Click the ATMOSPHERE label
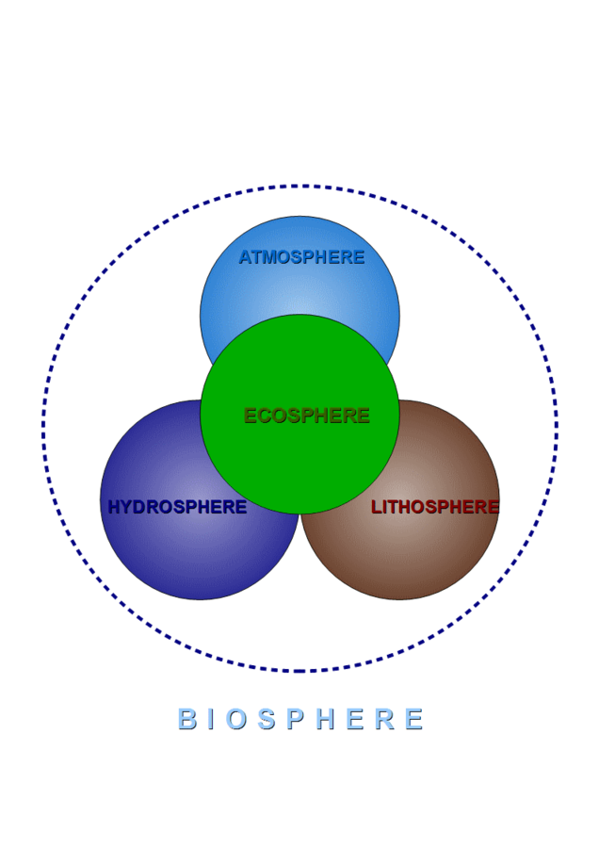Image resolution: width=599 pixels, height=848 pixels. (301, 257)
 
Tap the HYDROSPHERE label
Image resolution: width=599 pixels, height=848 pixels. (177, 507)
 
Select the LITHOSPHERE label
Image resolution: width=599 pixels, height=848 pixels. (435, 507)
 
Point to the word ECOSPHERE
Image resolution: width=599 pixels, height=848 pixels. (306, 416)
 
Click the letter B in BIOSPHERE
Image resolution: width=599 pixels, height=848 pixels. (187, 719)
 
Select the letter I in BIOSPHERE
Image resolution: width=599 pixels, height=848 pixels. (211, 719)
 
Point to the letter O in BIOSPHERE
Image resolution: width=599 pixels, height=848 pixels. (236, 719)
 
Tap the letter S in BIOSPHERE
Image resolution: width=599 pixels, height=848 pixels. (267, 719)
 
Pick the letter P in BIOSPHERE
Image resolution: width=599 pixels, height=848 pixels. (296, 719)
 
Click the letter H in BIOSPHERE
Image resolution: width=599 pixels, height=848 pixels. (326, 719)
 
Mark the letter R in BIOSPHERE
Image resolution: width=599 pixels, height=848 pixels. (385, 719)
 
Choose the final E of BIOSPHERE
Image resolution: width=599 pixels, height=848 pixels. (414, 719)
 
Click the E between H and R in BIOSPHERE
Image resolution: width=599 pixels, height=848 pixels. (356, 719)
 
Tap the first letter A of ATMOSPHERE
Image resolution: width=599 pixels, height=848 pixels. (247, 257)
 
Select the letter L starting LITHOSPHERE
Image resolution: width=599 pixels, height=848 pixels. (377, 507)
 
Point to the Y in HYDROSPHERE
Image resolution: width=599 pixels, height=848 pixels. (127, 507)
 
